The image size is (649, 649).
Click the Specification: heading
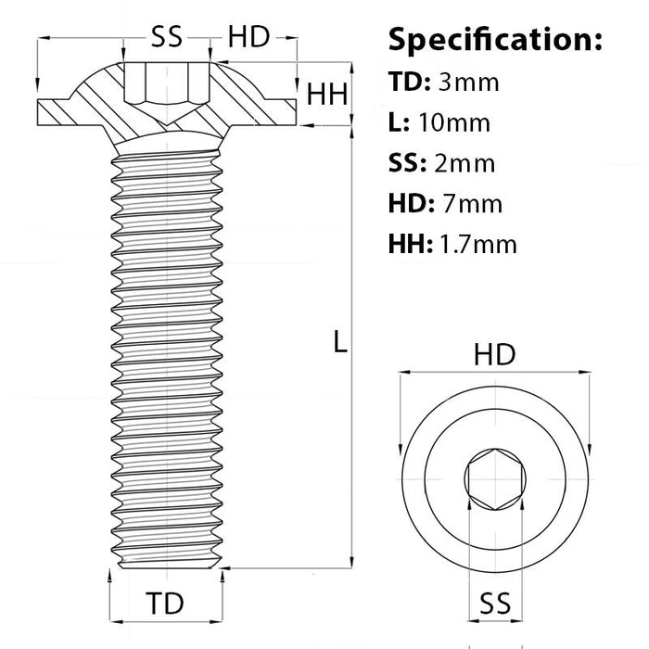click(495, 40)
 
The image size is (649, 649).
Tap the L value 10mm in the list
click(454, 123)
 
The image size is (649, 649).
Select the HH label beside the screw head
click(327, 95)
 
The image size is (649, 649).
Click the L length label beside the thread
click(340, 343)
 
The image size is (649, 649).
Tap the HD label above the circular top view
click(494, 355)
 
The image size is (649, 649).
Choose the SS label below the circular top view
click(494, 604)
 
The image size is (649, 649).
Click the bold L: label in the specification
click(400, 123)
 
